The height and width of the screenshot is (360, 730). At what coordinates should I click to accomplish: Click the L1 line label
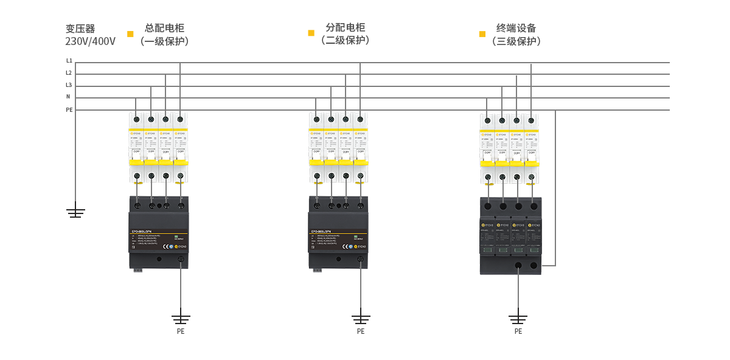point(69,61)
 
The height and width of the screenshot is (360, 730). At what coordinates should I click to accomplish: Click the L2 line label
point(69,73)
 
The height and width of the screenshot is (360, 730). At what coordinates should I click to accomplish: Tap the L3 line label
point(69,85)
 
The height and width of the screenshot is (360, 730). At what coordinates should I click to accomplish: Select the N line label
point(68,97)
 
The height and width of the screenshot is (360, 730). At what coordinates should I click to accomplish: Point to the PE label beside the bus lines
point(69,110)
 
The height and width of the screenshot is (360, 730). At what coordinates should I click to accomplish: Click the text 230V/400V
point(90,42)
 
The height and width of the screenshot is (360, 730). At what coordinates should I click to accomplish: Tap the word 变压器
point(80,29)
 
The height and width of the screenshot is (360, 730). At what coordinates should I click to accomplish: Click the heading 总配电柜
point(164,28)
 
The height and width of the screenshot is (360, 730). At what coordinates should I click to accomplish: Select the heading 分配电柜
point(346,27)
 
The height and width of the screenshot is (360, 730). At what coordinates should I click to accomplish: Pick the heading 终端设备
point(516,28)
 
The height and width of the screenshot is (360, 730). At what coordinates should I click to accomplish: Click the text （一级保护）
point(164,41)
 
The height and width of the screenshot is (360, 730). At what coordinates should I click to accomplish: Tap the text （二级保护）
point(346,41)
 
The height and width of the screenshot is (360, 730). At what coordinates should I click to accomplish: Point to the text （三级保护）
point(516,41)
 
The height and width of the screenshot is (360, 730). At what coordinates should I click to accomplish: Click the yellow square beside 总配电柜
point(130,34)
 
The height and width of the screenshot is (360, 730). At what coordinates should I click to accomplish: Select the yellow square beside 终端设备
point(482,34)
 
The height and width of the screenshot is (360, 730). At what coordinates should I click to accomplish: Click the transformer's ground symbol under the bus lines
point(75,212)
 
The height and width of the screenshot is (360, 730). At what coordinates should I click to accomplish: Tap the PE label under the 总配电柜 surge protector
point(181,331)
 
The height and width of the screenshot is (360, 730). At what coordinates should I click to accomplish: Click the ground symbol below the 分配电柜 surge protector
point(361,317)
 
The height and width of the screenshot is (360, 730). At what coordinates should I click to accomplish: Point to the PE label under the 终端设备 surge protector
point(518,331)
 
